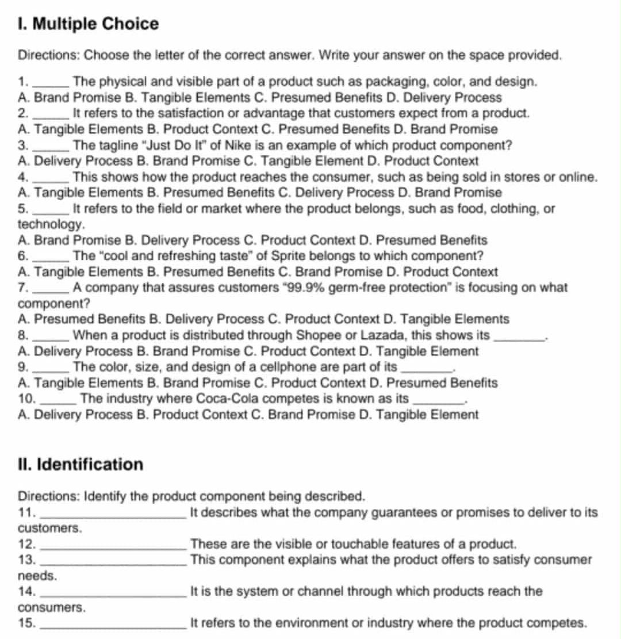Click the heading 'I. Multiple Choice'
tap(89, 24)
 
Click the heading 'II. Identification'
tap(80, 464)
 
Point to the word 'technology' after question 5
tap(52, 223)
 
